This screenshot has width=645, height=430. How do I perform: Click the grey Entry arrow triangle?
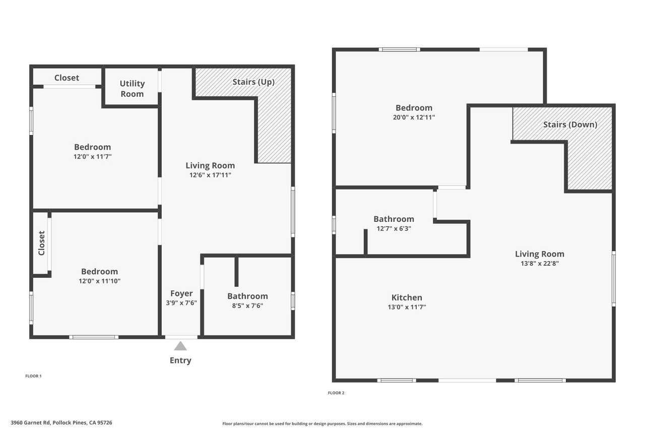(180, 346)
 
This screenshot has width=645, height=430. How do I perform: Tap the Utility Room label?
(132, 89)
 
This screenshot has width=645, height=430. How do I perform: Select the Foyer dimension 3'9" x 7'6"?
(181, 303)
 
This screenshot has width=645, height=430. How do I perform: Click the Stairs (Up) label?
(253, 82)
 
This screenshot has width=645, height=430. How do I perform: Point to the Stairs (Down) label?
(570, 125)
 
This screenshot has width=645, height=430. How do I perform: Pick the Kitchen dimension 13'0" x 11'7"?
(407, 307)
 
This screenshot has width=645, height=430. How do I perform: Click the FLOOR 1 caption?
(33, 376)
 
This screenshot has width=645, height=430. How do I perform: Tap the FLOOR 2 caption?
(336, 393)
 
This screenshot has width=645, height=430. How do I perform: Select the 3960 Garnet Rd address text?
(61, 422)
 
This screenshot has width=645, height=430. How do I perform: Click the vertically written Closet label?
(42, 243)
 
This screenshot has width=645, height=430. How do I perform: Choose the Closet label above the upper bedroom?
(67, 78)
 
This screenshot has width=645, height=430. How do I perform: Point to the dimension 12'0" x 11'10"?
(100, 281)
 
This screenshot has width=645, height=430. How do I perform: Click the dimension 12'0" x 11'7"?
(92, 157)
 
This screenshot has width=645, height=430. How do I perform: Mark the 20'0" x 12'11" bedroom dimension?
(414, 117)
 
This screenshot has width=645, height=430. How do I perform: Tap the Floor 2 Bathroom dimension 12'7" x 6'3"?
(394, 229)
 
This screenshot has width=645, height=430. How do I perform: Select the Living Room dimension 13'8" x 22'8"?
(540, 264)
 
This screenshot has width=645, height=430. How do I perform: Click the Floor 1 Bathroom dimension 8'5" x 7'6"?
(247, 306)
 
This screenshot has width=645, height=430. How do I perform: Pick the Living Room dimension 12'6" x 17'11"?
(210, 175)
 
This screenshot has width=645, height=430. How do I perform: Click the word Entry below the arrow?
(180, 360)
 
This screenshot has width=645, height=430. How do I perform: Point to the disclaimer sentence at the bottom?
(322, 423)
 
